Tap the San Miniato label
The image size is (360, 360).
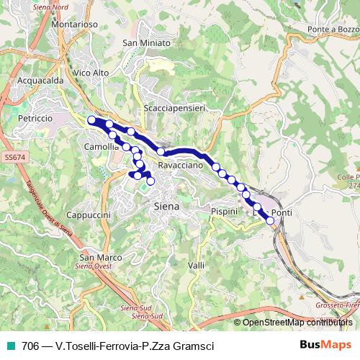click(147, 43)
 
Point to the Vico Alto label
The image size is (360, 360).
click(91, 73)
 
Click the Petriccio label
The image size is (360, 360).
click(35, 117)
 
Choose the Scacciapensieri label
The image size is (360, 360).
click(175, 107)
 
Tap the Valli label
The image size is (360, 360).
click(195, 266)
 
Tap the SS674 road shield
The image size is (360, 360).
click(14, 156)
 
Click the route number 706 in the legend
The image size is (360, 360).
click(30, 346)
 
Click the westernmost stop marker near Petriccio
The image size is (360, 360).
click(91, 120)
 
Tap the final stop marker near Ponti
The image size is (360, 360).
click(271, 221)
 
